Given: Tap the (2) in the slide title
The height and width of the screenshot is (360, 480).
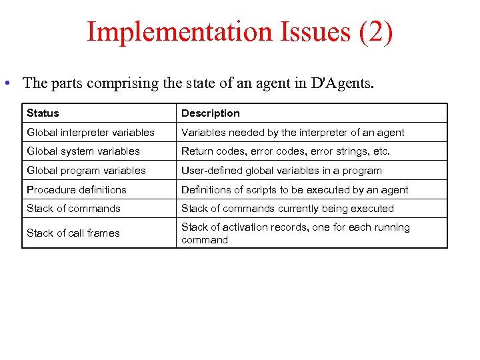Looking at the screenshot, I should [376, 33].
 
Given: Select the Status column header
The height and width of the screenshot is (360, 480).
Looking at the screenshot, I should [43, 113].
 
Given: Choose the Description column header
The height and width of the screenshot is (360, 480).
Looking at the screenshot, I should [211, 113].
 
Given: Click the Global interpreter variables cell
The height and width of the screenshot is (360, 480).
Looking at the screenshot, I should [90, 133].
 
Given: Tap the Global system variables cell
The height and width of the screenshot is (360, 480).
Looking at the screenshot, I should [83, 151].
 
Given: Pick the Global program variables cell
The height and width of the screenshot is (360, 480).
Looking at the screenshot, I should [86, 171].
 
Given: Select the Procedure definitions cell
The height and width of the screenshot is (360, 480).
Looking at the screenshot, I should [77, 190].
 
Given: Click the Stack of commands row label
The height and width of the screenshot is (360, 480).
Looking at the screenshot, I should [73, 209].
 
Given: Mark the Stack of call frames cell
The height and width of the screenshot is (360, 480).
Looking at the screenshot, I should [73, 233].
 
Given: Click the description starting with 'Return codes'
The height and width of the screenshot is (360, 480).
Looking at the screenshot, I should [285, 151].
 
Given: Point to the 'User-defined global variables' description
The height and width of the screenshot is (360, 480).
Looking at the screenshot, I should [281, 171].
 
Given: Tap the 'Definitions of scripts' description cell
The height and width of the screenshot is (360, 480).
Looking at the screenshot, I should [295, 190].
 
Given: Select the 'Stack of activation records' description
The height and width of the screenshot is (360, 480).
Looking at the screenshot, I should [295, 233].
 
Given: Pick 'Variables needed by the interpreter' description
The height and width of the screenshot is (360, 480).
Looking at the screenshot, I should [293, 133].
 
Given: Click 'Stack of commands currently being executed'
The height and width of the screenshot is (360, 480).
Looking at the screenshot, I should [287, 209].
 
